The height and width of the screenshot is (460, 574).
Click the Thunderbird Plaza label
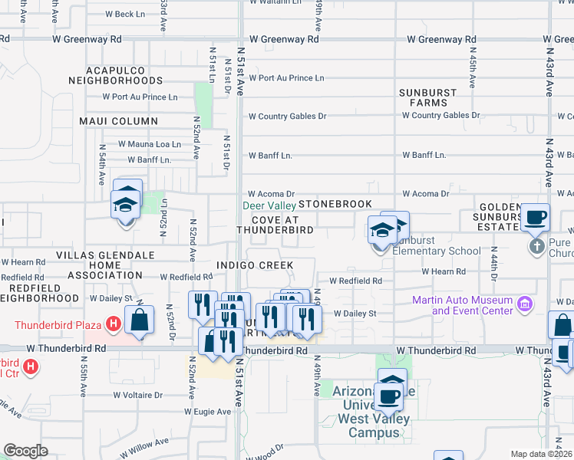[x=58, y=324]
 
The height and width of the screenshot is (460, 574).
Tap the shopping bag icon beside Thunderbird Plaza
[x=139, y=320]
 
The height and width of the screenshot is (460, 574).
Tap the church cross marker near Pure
[x=536, y=247]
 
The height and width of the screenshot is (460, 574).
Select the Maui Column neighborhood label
[x=118, y=121]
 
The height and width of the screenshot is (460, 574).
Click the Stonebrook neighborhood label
[x=335, y=204]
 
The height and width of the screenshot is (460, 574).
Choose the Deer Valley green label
[x=269, y=205]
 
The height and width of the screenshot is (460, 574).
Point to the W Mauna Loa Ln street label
[x=149, y=144]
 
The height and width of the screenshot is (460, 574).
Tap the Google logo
[x=25, y=451]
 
